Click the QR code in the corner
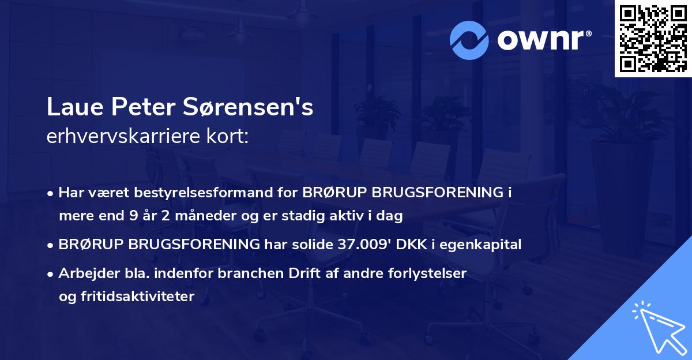pyautogui.click(x=653, y=38)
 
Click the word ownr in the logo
pyautogui.click(x=542, y=40)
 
